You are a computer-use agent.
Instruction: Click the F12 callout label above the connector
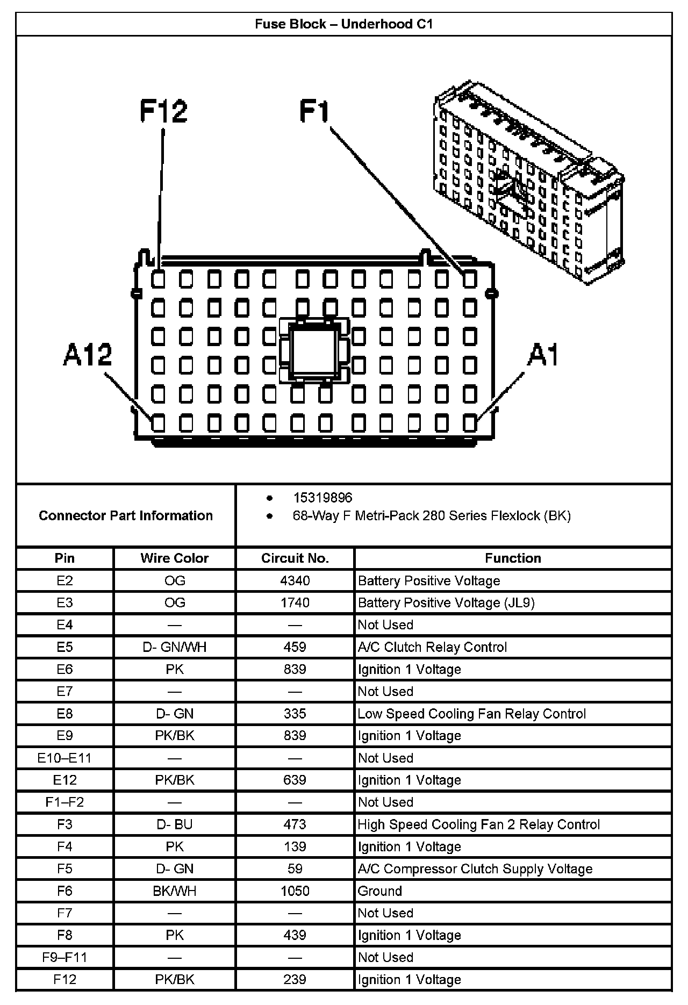(x=163, y=111)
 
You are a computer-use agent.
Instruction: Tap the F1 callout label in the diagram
(x=314, y=112)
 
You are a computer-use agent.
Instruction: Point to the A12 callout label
(x=88, y=355)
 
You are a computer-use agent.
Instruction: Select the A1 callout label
(x=543, y=355)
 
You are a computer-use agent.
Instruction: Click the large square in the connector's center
(x=314, y=351)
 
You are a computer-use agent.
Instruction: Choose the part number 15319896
(x=322, y=498)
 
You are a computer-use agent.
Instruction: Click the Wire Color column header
(x=174, y=558)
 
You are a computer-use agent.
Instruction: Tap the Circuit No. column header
(x=295, y=558)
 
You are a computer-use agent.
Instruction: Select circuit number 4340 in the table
(x=295, y=580)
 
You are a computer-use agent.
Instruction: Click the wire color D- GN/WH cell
(x=174, y=647)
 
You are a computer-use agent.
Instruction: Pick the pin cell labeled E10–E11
(x=64, y=758)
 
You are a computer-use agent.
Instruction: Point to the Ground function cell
(x=379, y=891)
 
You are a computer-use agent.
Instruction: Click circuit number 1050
(x=295, y=891)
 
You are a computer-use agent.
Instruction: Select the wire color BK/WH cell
(x=174, y=891)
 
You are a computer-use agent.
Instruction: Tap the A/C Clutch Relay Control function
(x=432, y=647)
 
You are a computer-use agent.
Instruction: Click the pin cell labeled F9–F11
(x=64, y=957)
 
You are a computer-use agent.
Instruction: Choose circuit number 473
(x=295, y=824)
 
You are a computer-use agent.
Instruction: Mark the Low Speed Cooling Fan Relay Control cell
(x=471, y=714)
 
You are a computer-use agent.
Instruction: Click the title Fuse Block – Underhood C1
(x=343, y=24)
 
